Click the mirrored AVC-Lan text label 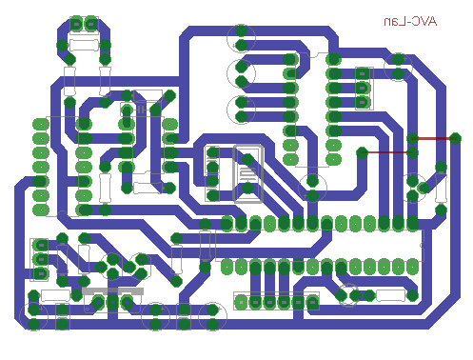(410, 22)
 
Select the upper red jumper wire (434, 138)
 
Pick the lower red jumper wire (387, 152)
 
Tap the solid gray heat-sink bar (112, 291)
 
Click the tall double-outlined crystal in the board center (247, 173)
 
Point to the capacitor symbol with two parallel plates (141, 110)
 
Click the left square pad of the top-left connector (76, 24)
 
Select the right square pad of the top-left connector (91, 24)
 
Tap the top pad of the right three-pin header (363, 73)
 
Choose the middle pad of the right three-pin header (363, 88)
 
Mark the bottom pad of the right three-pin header (363, 102)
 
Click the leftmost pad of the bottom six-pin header (242, 302)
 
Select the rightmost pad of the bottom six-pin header (312, 302)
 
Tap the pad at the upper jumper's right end (455, 138)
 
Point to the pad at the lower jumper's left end (362, 152)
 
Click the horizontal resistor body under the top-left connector (84, 45)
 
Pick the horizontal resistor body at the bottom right (390, 295)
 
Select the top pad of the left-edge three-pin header (41, 245)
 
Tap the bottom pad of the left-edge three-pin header (41, 273)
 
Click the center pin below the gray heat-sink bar (112, 302)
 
